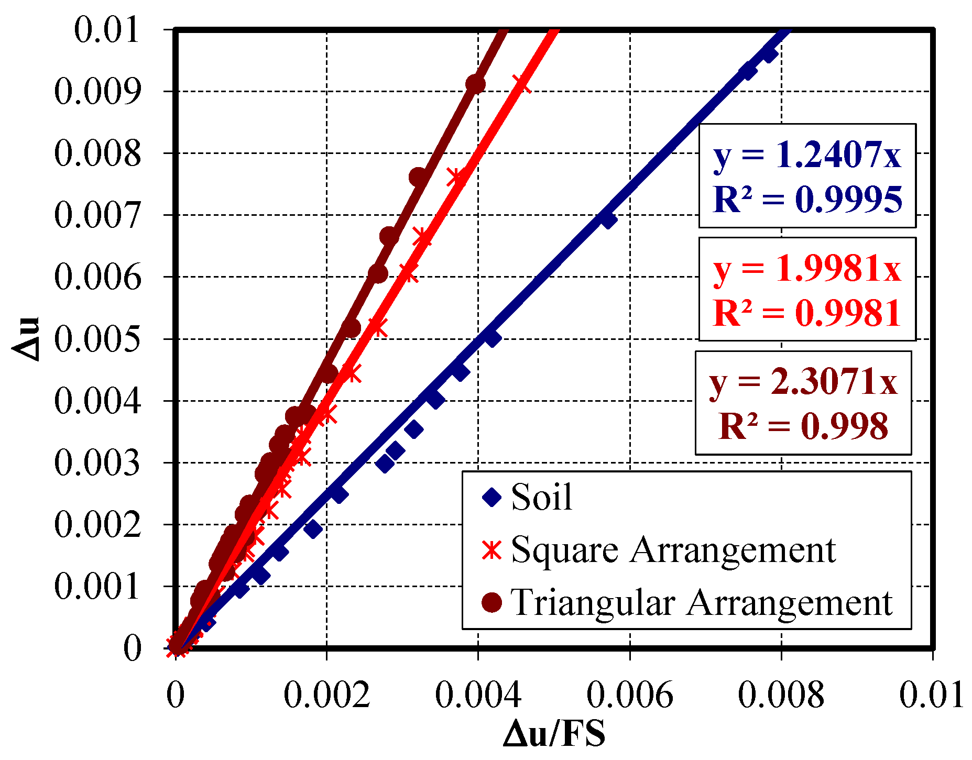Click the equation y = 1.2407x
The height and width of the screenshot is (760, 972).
807,155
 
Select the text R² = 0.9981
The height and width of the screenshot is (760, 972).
807,313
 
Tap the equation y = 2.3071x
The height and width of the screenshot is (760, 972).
803,381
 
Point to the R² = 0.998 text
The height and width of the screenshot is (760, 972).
803,426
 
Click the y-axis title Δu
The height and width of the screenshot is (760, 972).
26,338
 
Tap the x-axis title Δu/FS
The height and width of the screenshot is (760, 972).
554,733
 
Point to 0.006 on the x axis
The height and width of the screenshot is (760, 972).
629,695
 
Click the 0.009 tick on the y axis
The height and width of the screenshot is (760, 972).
97,92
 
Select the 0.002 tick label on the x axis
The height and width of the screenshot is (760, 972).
326,695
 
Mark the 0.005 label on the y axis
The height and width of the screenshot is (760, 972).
97,339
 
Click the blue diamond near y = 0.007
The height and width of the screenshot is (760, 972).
607,219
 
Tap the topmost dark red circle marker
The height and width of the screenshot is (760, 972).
475,84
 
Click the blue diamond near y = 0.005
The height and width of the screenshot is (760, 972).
492,338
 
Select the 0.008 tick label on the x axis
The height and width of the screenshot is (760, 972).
781,695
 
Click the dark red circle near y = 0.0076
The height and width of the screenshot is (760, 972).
418,177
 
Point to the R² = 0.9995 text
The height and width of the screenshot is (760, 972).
807,200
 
